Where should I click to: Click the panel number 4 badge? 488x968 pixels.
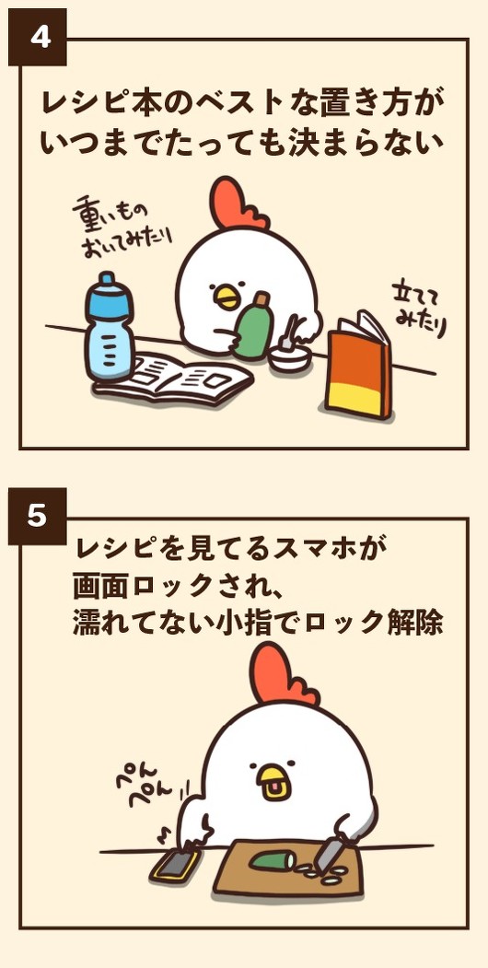click(x=37, y=37)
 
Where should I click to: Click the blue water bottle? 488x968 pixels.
click(x=110, y=327)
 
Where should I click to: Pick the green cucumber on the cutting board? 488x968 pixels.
click(x=273, y=860)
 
